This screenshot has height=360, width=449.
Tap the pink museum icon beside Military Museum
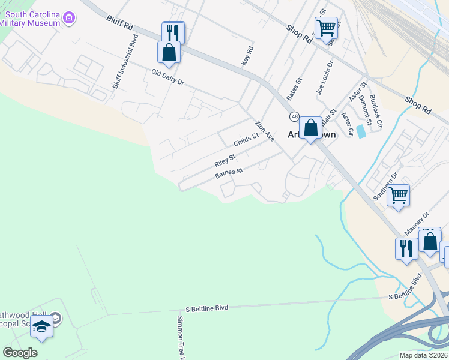pos(70,18)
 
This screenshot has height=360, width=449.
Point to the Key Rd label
pos(246,57)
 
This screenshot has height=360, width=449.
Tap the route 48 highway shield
pos(294,116)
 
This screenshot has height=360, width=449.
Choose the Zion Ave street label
pos(264,131)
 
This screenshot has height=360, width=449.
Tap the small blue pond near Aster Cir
pos(360,131)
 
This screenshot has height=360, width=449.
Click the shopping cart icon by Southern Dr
pos(398,196)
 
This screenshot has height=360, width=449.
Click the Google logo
pos(20,353)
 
